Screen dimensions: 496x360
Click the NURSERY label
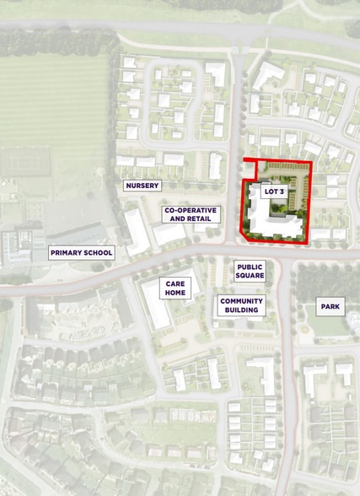(x=142, y=185)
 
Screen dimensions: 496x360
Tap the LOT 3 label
(x=275, y=192)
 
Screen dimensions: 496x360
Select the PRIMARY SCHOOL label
(x=81, y=252)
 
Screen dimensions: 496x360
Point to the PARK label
(x=330, y=305)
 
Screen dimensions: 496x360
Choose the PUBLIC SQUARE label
(x=250, y=271)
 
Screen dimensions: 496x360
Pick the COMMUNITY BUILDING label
(x=241, y=305)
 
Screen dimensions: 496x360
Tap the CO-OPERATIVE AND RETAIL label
(x=191, y=214)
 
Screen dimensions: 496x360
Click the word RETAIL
(x=200, y=219)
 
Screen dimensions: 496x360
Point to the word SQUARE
(x=250, y=276)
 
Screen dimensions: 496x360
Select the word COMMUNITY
(x=241, y=300)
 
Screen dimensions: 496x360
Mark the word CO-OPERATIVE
(x=191, y=209)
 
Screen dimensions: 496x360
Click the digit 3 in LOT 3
(x=284, y=192)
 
